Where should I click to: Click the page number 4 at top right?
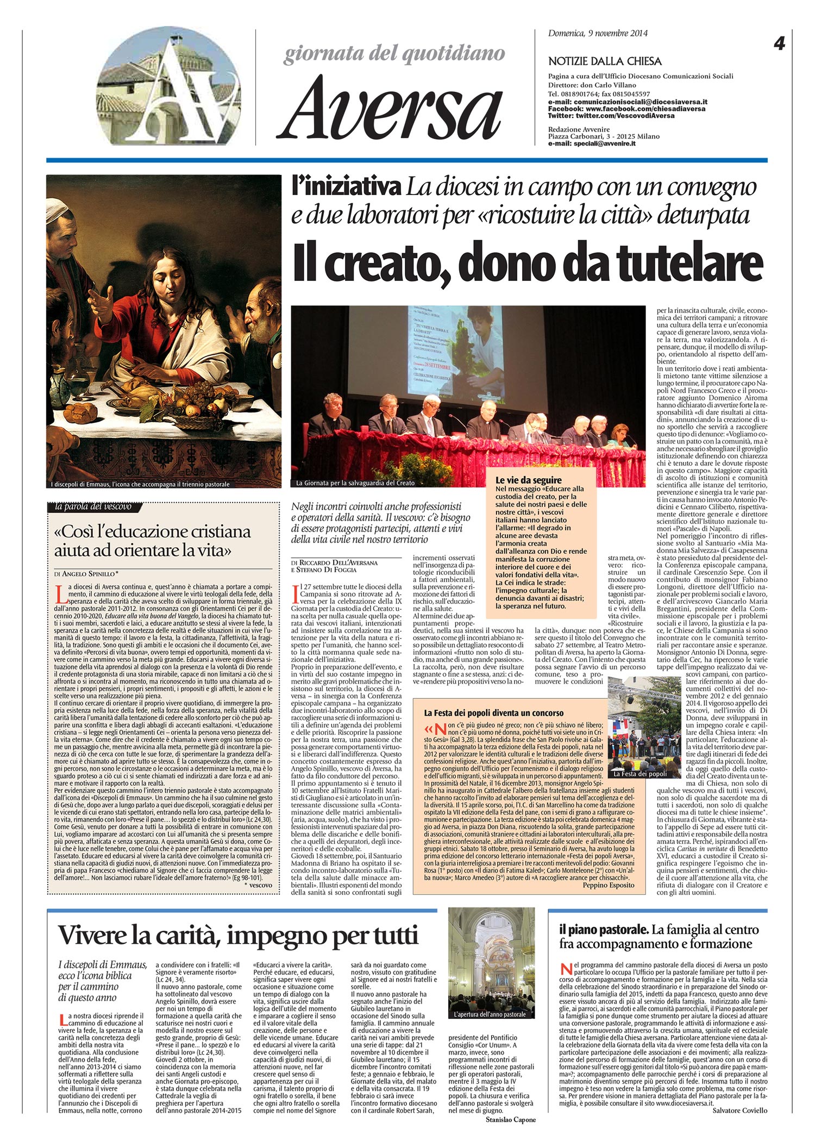tap(779, 45)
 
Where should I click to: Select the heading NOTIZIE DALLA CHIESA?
tap(605, 61)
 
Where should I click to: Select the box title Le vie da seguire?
tap(528, 480)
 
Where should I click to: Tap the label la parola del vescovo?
tap(93, 507)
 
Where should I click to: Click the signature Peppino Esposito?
tap(609, 885)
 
